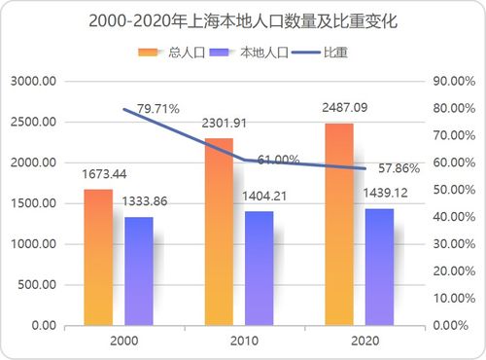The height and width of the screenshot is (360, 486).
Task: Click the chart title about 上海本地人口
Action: click(x=242, y=20)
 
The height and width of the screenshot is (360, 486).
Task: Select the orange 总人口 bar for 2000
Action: click(x=98, y=257)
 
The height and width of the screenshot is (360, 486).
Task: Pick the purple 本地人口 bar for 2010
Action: click(x=260, y=268)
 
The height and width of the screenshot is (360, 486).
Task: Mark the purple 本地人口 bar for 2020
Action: click(x=380, y=267)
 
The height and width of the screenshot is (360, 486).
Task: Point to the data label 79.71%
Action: click(x=158, y=109)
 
